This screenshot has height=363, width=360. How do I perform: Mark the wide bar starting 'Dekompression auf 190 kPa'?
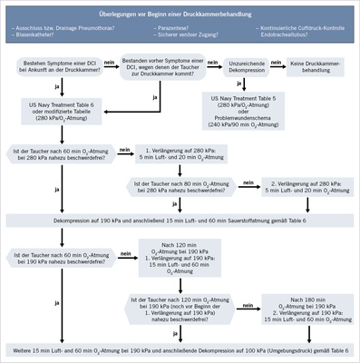(180, 221)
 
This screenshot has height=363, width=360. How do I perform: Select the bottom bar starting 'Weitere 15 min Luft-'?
(180, 349)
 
